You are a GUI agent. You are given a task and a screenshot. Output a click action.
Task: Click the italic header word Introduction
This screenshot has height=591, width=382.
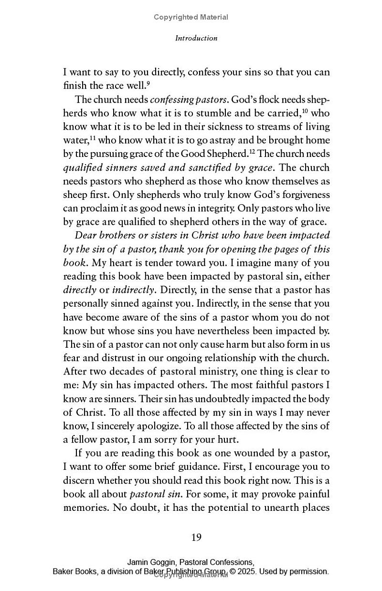196,38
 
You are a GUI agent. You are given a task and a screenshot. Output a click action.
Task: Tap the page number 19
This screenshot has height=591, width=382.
196,538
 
